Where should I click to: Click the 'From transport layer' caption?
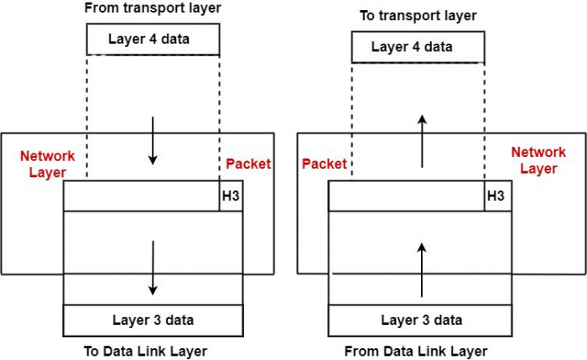pos(152,8)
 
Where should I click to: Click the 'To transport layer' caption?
pos(417,15)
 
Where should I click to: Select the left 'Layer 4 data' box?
pos(153,39)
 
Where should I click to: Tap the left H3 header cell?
pos(231,196)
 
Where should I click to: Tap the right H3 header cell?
pos(496,196)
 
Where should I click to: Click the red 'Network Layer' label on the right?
pos(539,159)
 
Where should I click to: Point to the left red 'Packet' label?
pos(248,164)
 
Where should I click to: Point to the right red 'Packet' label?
pos(325,164)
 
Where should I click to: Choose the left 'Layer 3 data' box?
pos(153,320)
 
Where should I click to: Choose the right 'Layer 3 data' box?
pos(422,320)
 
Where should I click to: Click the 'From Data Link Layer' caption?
pos(416,351)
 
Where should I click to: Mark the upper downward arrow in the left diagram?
pos(153,141)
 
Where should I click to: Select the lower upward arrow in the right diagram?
pos(422,269)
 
